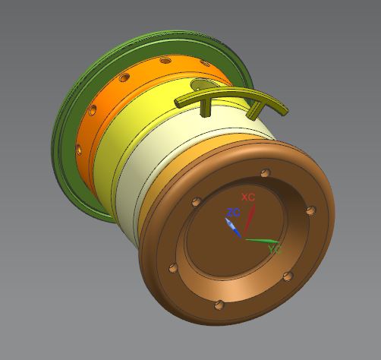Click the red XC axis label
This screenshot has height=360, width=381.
248,197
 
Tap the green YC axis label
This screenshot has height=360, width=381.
275,250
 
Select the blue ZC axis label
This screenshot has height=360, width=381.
233,213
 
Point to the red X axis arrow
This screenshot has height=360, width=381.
249,219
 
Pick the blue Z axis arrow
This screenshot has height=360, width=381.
233,228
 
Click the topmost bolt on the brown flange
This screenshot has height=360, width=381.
266,173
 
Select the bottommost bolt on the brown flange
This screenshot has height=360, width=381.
219,305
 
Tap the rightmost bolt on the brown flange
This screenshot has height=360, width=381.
311,210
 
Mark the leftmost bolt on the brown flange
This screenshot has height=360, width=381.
173,268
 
